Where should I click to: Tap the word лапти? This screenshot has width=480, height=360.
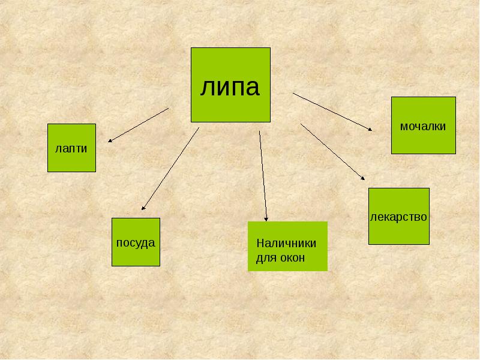(x=71, y=148)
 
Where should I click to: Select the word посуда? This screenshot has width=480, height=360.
(x=136, y=242)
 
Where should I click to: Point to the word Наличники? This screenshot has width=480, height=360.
(x=286, y=244)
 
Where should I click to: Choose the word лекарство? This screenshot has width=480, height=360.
(x=398, y=216)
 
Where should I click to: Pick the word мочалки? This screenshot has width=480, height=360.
(x=423, y=126)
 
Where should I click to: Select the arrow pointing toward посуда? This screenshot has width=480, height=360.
(x=170, y=168)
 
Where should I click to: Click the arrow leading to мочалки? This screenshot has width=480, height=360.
(x=332, y=112)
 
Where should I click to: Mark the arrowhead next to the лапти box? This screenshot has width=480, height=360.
(x=111, y=141)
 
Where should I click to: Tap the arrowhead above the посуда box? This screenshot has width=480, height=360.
(x=143, y=208)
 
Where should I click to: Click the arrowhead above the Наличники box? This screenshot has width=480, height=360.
(x=266, y=218)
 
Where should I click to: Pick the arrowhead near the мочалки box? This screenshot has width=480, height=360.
(x=370, y=128)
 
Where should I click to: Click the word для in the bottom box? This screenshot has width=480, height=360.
(x=265, y=258)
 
